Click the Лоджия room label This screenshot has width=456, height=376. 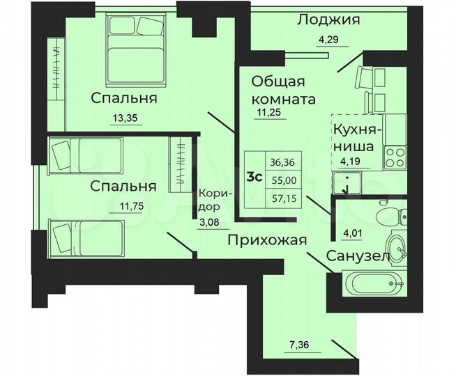pos(328,19)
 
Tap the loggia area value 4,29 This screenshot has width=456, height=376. pos(329,39)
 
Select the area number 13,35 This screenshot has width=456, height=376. pos(125,118)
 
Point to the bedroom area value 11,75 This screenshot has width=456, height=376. pos(123,206)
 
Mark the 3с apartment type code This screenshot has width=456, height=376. pos(255,176)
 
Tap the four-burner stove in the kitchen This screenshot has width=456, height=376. pos(395,156)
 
